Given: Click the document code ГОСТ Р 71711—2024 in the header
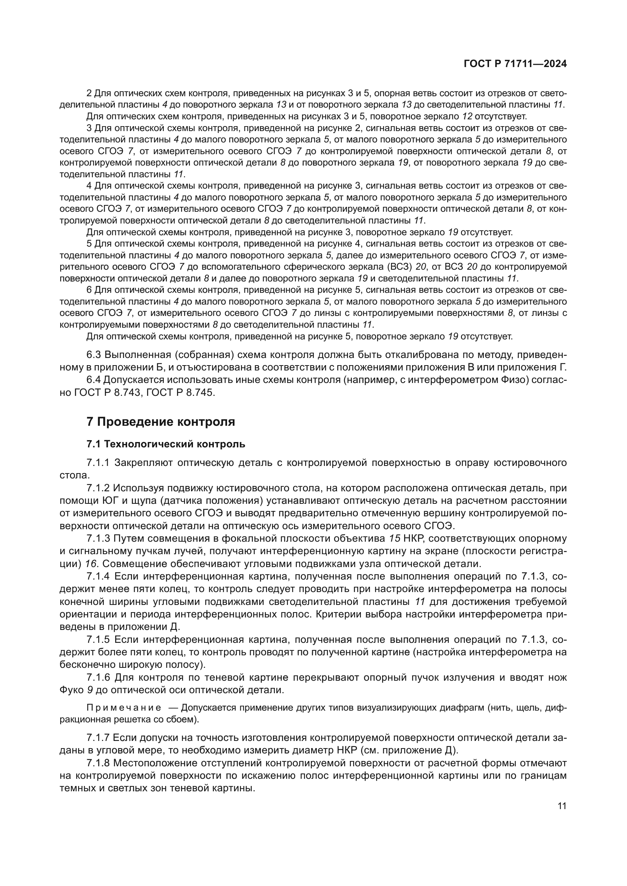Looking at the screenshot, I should click(x=515, y=64).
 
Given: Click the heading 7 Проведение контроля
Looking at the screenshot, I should click(x=161, y=422).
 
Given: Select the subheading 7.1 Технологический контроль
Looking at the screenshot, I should click(x=166, y=444).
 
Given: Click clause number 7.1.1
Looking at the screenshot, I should click(x=99, y=463).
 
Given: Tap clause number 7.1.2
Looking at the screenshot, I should click(x=99, y=488).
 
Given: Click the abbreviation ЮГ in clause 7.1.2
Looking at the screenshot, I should click(x=110, y=501).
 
